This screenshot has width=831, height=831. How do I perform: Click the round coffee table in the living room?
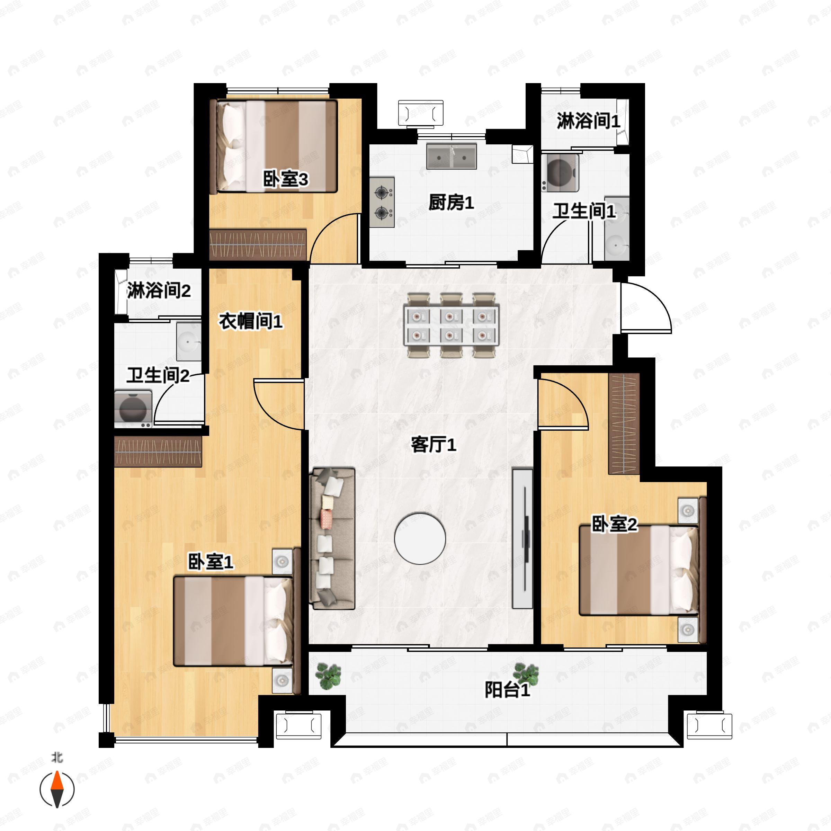click(420, 538)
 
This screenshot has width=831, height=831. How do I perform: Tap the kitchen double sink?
click(451, 157)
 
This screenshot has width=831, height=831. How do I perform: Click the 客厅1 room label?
click(433, 444)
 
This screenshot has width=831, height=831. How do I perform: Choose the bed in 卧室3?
click(276, 146)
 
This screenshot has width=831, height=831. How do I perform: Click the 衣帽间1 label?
click(251, 321)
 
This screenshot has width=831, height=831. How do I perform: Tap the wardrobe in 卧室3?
click(258, 244)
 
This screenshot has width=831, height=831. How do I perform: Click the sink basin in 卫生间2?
click(189, 342)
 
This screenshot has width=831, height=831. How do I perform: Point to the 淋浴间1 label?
click(588, 121)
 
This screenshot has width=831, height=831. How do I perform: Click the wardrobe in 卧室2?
click(624, 424)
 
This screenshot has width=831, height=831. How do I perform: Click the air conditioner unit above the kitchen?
click(420, 113)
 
